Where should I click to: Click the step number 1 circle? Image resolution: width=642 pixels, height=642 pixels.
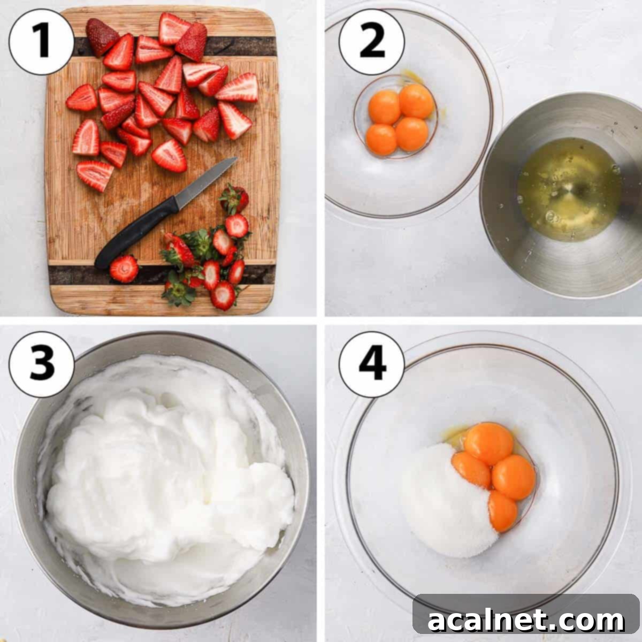41,42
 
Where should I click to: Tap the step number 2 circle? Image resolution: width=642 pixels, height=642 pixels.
371,42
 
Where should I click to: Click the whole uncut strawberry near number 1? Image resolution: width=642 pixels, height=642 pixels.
101,36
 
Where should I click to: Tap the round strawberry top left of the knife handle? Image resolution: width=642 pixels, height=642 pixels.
124,269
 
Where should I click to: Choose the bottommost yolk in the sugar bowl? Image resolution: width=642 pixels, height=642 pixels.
503,511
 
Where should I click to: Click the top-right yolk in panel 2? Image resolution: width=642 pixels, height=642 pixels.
416,101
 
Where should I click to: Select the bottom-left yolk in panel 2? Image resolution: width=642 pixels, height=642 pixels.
381,140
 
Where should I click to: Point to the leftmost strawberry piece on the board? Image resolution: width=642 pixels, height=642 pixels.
81,98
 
